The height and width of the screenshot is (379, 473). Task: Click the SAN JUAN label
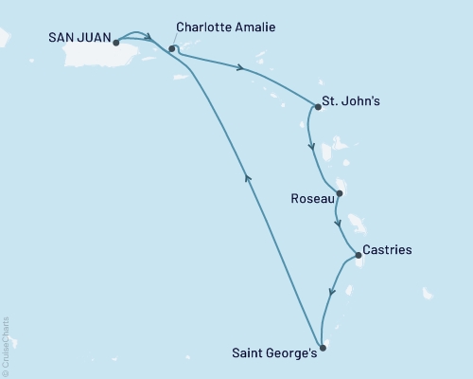click(x=78, y=41)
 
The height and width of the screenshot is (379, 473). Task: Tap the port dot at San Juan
click(x=115, y=42)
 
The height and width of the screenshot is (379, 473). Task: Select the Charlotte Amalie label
click(x=225, y=28)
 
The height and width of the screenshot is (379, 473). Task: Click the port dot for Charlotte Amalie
click(x=171, y=48)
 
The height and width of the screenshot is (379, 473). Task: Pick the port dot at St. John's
click(x=318, y=107)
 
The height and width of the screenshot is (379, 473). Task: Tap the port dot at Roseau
click(x=340, y=193)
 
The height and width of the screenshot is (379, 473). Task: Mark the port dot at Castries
click(x=358, y=255)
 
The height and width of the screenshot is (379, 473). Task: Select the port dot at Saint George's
click(x=323, y=348)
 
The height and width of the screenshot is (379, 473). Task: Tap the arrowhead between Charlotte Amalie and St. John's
click(x=243, y=67)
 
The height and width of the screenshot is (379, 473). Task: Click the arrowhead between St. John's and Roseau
click(x=311, y=146)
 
